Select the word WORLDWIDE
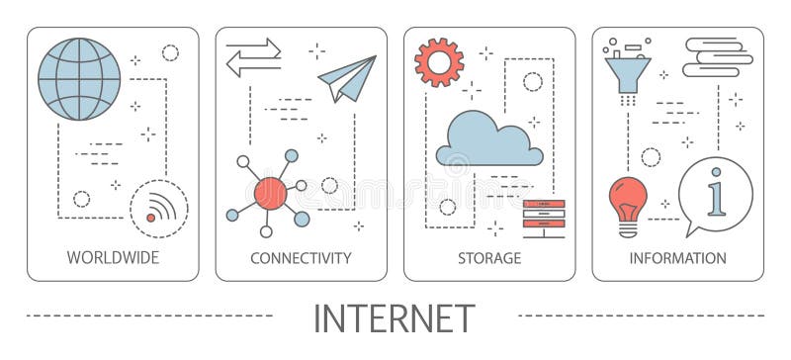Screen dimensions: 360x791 point(113,258)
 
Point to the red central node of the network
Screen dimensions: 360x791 point(269,192)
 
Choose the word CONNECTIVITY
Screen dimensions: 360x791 point(301,258)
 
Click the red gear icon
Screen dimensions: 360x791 point(439,62)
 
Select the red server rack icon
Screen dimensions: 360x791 point(544,218)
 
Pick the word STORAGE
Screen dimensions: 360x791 point(488,258)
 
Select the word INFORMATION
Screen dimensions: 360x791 point(677,258)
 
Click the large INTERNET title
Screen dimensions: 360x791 point(394,318)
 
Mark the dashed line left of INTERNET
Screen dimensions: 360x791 point(148,315)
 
